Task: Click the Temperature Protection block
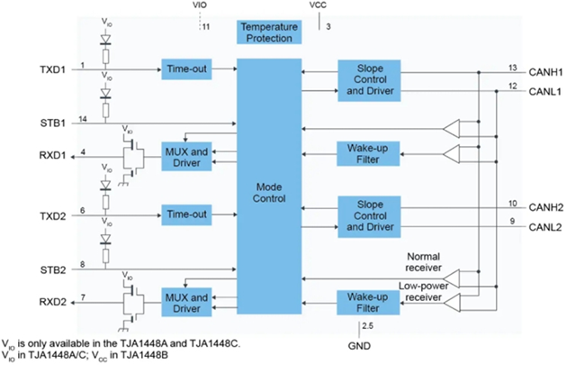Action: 268,32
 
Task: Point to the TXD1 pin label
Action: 54,69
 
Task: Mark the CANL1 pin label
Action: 544,91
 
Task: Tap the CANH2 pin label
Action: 544,206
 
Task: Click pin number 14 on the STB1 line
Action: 83,119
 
